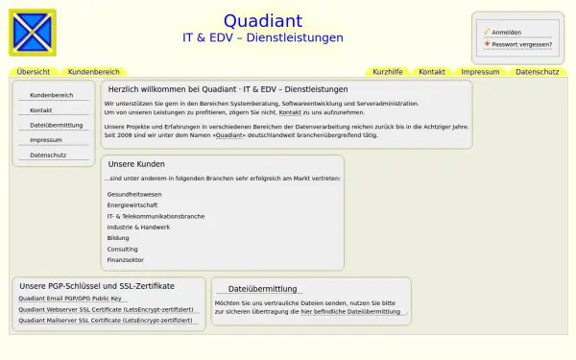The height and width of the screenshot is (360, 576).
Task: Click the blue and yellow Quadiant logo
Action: click(33, 33)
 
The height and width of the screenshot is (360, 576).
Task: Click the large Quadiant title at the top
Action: click(262, 21)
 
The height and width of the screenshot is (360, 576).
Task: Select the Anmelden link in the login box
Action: click(506, 32)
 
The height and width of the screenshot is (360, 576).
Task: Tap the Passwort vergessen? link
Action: click(521, 43)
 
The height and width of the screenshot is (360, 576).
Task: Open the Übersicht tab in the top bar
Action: click(34, 72)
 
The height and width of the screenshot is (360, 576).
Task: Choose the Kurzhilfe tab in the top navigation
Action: click(388, 72)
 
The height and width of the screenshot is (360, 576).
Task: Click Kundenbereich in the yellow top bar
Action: click(94, 72)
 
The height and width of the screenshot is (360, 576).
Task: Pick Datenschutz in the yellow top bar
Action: click(537, 72)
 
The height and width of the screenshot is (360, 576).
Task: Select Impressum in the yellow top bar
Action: click(480, 72)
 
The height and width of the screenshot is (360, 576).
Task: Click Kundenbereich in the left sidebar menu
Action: click(52, 95)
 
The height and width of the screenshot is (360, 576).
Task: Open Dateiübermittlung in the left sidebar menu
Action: click(57, 125)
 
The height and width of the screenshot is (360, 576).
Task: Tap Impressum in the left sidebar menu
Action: click(46, 140)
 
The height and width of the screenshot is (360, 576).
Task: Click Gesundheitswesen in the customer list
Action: click(134, 194)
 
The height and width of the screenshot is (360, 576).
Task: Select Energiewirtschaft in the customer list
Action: click(132, 205)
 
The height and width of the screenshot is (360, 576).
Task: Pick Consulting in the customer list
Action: click(123, 249)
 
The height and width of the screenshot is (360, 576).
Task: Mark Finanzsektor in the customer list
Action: click(126, 260)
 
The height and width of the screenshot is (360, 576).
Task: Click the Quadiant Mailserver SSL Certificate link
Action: click(106, 320)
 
